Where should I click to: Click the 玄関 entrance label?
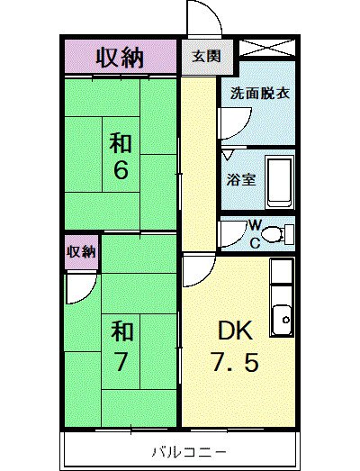(x=205, y=57)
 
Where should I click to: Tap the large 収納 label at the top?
(x=120, y=58)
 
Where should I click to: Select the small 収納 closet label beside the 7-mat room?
(x=81, y=252)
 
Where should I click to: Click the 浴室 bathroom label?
(x=241, y=178)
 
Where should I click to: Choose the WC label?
(x=255, y=232)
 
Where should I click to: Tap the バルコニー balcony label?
(x=176, y=449)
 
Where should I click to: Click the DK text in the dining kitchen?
(x=227, y=331)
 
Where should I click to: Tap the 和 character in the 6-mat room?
(x=121, y=141)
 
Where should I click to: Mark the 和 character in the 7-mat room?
(x=121, y=331)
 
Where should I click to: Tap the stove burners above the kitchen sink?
(x=282, y=271)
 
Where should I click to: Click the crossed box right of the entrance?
(x=266, y=49)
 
